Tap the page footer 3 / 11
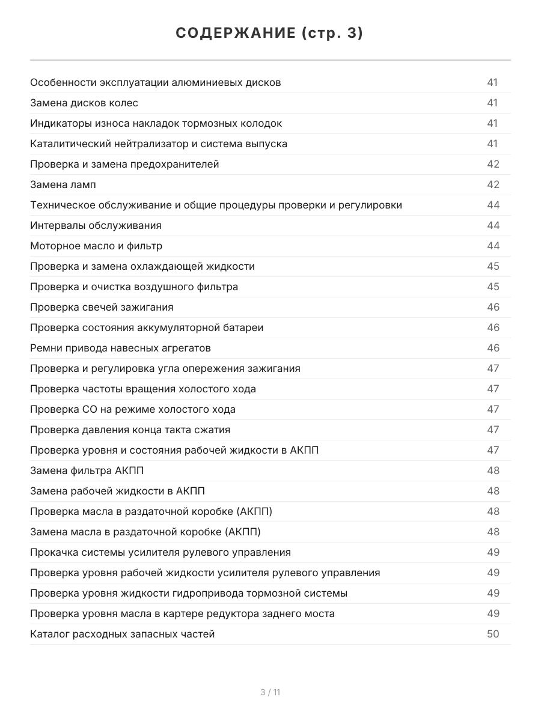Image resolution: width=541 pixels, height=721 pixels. [x=270, y=692]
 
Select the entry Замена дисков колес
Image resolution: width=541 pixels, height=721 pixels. [x=84, y=103]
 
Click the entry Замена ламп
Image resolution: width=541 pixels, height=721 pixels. [x=63, y=184]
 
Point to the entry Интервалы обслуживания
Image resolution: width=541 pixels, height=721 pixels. [x=96, y=225]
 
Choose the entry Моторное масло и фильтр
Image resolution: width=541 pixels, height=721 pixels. [x=96, y=246]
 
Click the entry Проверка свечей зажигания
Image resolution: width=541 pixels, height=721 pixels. [x=102, y=307]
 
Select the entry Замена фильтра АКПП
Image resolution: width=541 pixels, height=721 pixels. [x=87, y=470]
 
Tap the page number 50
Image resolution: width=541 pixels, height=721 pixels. [x=493, y=634]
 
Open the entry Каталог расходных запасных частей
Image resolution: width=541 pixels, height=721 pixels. [x=123, y=634]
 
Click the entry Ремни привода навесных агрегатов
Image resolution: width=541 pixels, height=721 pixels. [x=120, y=348]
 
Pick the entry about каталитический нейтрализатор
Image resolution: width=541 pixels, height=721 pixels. [x=159, y=144]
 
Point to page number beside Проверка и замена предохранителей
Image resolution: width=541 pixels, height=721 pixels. [x=493, y=164]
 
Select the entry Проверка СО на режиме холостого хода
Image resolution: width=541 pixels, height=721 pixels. [x=133, y=409]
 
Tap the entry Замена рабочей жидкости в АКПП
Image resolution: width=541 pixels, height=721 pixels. [x=118, y=491]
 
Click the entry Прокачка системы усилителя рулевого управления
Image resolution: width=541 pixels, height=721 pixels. [x=160, y=552]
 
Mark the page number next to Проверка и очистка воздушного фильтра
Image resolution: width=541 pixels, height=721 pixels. [x=493, y=287]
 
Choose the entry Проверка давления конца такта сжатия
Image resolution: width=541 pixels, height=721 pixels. [x=130, y=430]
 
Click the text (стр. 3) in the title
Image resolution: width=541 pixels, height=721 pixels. [x=332, y=34]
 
